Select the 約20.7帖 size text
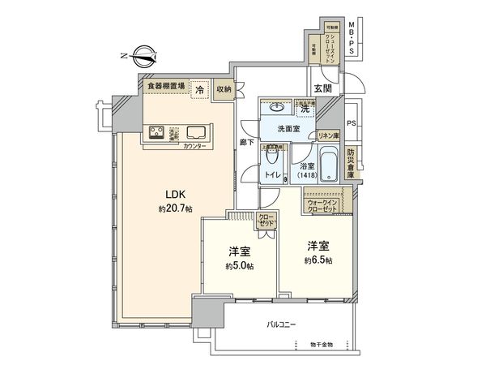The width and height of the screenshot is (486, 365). (x=175, y=208)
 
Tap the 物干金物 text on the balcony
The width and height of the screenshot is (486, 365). (x=318, y=346)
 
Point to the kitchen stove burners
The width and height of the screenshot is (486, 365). (x=157, y=133)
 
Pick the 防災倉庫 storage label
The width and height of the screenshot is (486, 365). (x=351, y=163)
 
